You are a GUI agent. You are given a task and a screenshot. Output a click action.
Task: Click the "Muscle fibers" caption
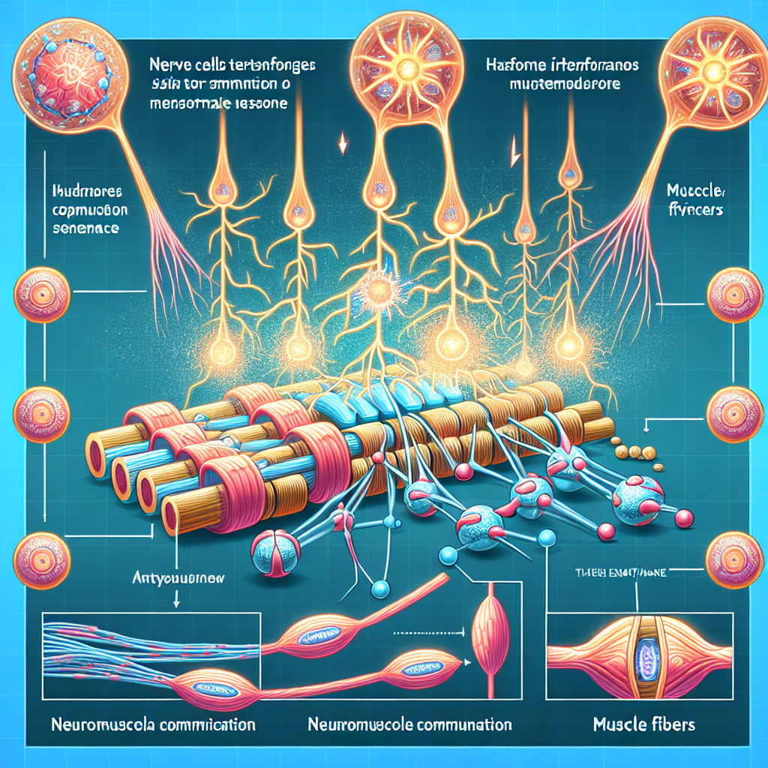[x=643, y=725]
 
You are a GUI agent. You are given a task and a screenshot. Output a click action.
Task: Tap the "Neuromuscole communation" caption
[x=410, y=725]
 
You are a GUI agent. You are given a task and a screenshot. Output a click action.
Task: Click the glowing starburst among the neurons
[x=374, y=292]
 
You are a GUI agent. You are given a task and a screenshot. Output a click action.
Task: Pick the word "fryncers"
[x=693, y=211]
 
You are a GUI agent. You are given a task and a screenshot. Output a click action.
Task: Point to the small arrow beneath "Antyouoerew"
[x=175, y=600]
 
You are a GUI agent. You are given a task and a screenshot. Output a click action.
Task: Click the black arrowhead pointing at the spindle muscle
[x=468, y=661]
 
